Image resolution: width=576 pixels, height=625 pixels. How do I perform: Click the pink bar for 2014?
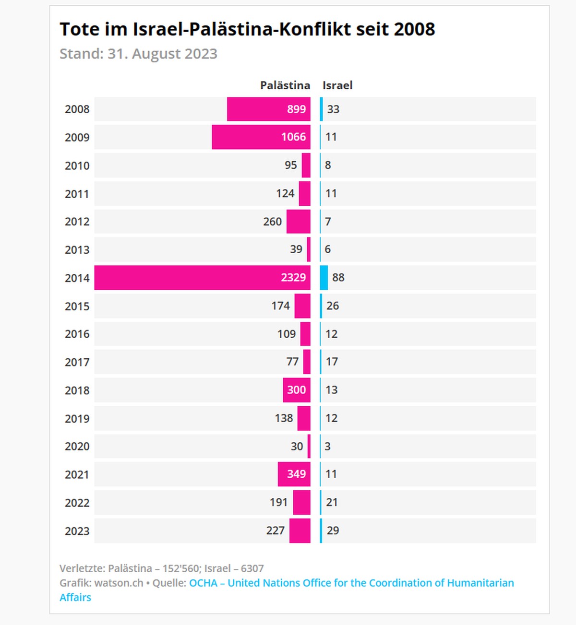click(202, 277)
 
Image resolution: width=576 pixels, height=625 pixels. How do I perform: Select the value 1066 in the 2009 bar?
click(293, 137)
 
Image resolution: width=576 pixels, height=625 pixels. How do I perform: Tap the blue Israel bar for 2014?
click(324, 277)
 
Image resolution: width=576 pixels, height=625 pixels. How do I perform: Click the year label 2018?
click(77, 390)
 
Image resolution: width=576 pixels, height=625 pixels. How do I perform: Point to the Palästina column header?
click(285, 85)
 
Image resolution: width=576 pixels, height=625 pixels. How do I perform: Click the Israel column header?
click(337, 85)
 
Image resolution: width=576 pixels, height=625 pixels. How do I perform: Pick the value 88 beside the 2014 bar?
click(338, 277)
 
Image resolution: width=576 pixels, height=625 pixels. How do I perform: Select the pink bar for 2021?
click(294, 474)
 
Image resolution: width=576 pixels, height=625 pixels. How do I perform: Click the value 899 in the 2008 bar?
click(296, 109)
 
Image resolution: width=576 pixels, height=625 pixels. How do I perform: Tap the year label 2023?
click(77, 531)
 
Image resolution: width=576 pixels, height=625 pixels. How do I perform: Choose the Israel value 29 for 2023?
click(333, 531)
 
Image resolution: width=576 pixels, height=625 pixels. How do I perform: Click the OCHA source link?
click(351, 583)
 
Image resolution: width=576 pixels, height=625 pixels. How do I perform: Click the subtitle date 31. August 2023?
click(162, 54)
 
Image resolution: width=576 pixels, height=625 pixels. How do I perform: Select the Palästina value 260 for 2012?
click(272, 222)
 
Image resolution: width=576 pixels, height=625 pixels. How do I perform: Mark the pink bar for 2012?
click(299, 222)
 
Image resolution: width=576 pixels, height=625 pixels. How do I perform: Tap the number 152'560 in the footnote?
click(180, 568)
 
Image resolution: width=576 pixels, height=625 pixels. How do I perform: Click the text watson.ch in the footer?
click(119, 583)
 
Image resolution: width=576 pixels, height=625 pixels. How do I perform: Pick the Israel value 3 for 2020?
click(327, 446)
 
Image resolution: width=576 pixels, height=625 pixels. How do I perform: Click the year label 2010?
click(77, 166)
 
